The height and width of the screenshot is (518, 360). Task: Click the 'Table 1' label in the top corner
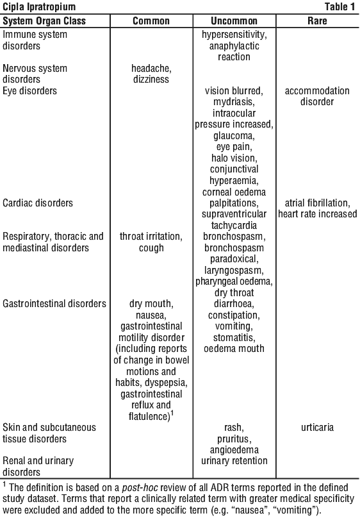click(340, 6)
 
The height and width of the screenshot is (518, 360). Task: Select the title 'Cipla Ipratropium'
click(39, 6)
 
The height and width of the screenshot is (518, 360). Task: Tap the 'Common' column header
click(151, 21)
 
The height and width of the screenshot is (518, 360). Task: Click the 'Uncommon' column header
click(234, 21)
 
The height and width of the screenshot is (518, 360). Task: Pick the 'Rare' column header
click(317, 21)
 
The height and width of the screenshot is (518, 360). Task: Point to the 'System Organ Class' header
click(44, 21)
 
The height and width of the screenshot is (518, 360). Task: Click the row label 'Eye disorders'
click(29, 91)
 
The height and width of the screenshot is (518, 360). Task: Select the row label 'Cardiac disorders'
click(38, 203)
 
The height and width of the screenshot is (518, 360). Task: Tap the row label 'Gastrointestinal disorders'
click(54, 304)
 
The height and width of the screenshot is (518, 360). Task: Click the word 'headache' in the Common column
click(151, 69)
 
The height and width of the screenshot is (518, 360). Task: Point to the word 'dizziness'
click(151, 79)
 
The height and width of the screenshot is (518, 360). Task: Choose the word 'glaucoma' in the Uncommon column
click(233, 136)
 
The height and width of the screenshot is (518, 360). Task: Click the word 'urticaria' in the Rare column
click(317, 427)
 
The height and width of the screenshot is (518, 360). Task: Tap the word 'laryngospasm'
click(233, 271)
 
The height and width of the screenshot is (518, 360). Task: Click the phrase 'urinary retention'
click(234, 460)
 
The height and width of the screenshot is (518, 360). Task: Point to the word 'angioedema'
click(234, 449)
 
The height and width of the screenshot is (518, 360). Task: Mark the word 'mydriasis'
click(233, 102)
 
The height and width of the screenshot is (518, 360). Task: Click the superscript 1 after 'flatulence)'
click(172, 414)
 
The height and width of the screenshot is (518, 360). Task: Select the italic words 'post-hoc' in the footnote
click(140, 488)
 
